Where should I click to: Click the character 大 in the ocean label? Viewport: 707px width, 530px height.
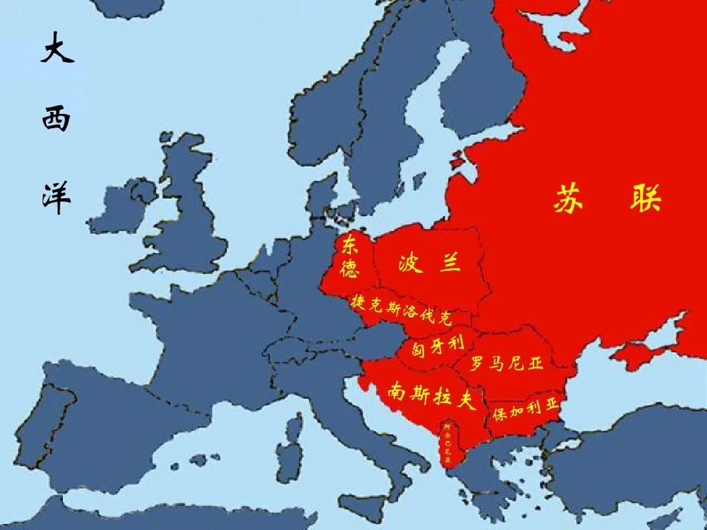coord(57,48)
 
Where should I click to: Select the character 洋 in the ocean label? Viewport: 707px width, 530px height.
coord(56,197)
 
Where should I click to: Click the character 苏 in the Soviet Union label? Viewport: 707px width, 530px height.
coord(568,198)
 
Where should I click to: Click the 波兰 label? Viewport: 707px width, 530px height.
coord(429,263)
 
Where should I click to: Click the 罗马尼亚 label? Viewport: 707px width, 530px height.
coord(507,363)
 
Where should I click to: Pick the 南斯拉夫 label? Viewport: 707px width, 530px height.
coord(431,395)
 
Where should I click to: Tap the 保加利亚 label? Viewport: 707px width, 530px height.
coord(526,410)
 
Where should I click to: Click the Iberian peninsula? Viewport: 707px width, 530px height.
coord(85,419)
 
